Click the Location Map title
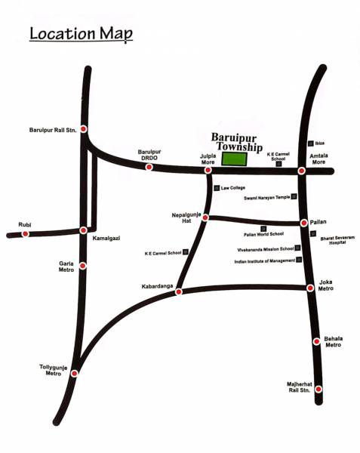pyautogui.click(x=80, y=34)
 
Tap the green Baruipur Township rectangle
pyautogui.click(x=233, y=159)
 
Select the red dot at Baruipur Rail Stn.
pyautogui.click(x=83, y=129)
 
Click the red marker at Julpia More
pyautogui.click(x=208, y=171)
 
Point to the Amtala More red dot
pyautogui.click(x=301, y=171)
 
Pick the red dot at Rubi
pyautogui.click(x=26, y=233)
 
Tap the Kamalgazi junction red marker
pyautogui.click(x=83, y=230)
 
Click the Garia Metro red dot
pyautogui.click(x=82, y=266)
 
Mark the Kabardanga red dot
pyautogui.click(x=179, y=291)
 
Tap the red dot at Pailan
pyautogui.click(x=304, y=223)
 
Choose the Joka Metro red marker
pyautogui.click(x=310, y=288)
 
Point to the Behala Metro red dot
pyautogui.click(x=316, y=341)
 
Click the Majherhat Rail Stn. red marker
pyautogui.click(x=318, y=390)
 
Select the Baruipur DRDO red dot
pyautogui.click(x=149, y=167)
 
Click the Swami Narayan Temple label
pyautogui.click(x=266, y=198)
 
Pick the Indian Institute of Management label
pyautogui.click(x=264, y=261)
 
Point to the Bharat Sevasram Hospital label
pyautogui.click(x=337, y=241)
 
